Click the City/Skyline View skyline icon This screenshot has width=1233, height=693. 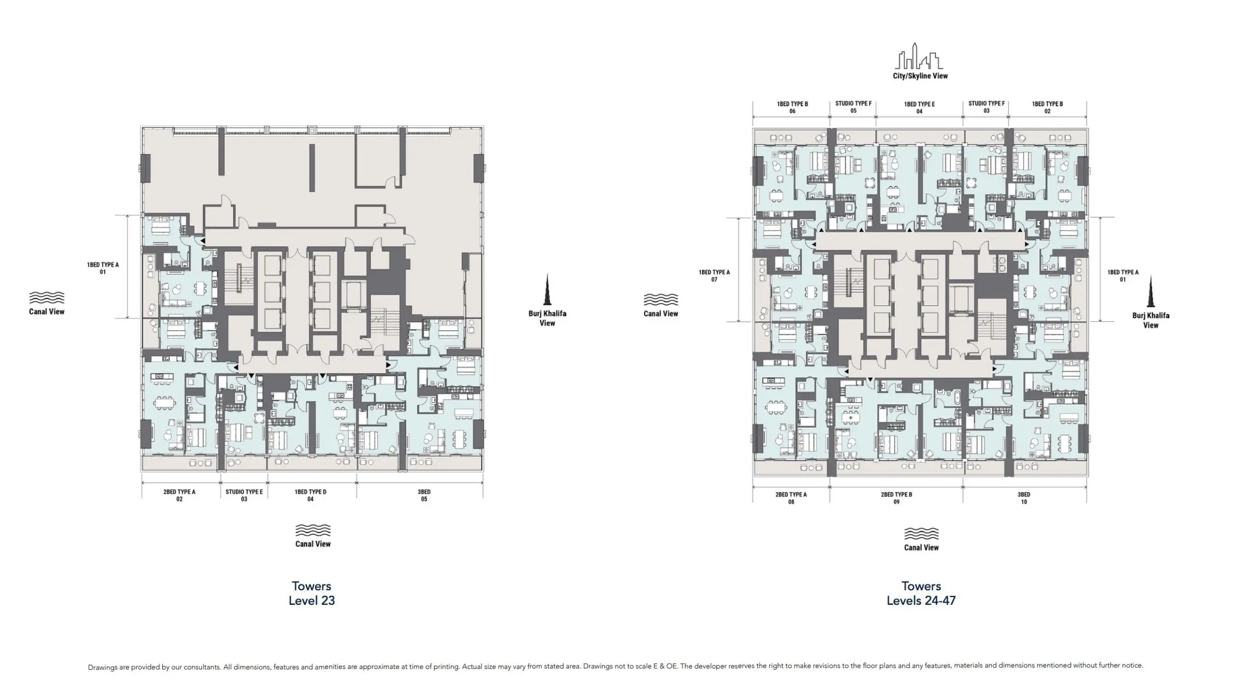(x=919, y=56)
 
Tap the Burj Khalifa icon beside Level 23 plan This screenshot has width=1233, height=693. (x=547, y=290)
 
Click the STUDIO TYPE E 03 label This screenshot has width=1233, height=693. (x=244, y=495)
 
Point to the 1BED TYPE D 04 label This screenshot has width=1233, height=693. (x=311, y=495)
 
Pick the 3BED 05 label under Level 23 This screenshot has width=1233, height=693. (x=424, y=495)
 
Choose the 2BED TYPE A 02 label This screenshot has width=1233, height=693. (x=179, y=495)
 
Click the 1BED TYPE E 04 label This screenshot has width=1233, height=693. (x=919, y=107)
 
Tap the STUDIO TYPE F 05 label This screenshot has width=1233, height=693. (x=853, y=107)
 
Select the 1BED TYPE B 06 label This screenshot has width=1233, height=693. (x=792, y=107)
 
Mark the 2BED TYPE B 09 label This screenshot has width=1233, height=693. (x=896, y=498)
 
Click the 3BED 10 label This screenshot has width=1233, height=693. (x=1023, y=498)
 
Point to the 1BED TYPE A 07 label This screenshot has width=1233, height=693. (x=714, y=275)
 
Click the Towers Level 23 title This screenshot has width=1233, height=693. (x=312, y=593)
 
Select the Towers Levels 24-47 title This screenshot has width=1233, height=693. (x=921, y=593)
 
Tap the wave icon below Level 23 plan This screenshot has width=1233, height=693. (x=313, y=530)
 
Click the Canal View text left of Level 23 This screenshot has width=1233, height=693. (x=47, y=312)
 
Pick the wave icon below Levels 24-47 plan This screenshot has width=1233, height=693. (x=921, y=534)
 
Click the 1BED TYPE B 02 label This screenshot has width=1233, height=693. (x=1047, y=107)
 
